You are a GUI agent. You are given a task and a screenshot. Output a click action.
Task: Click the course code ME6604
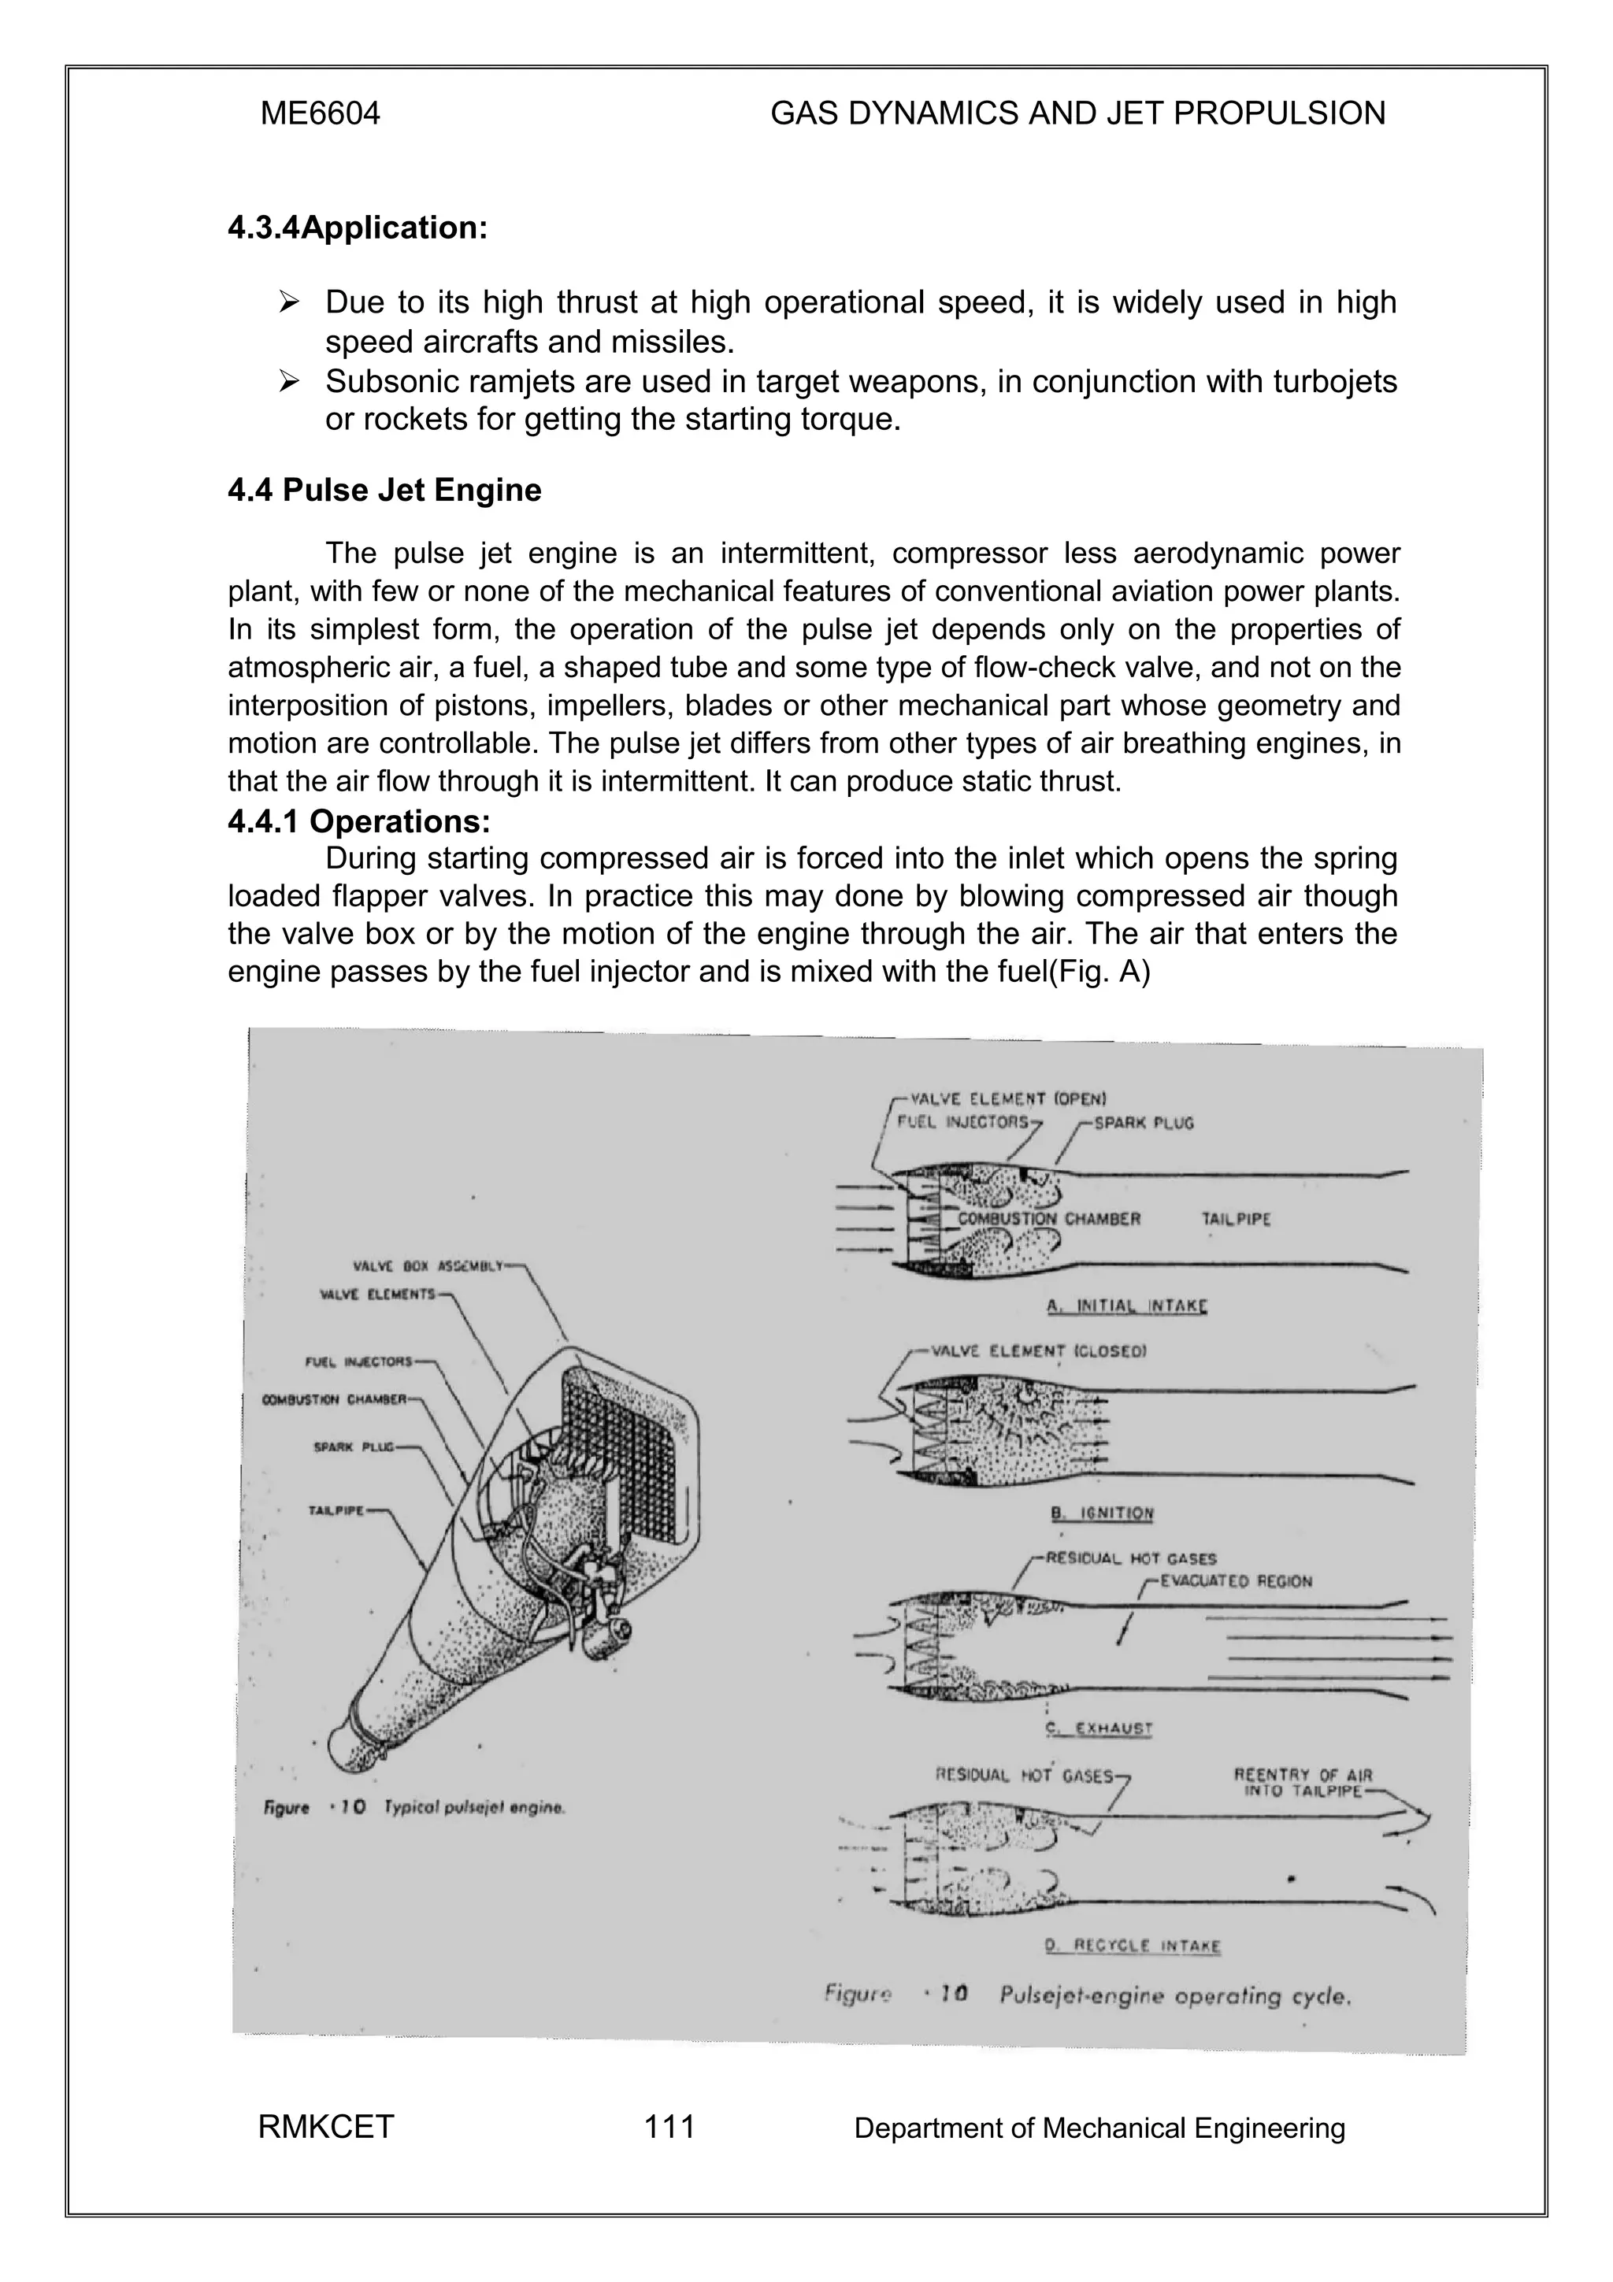(x=320, y=114)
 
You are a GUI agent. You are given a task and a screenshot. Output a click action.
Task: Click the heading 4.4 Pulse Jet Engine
(x=384, y=490)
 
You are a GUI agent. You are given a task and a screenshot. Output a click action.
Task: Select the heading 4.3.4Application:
(x=358, y=228)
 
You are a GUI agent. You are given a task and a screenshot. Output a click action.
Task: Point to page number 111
(x=669, y=2127)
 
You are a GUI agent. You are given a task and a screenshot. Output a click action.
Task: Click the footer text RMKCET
(x=326, y=2127)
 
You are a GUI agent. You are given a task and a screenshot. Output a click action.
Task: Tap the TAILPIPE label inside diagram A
(x=1235, y=1220)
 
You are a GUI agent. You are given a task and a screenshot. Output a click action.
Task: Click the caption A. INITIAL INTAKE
(x=1128, y=1306)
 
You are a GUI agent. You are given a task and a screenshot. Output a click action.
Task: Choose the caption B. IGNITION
(x=1102, y=1513)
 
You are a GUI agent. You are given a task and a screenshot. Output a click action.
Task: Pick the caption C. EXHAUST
(x=1099, y=1728)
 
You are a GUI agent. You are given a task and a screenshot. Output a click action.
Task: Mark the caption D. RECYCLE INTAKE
(x=1132, y=1946)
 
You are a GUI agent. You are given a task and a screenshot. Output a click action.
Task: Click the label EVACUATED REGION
(x=1235, y=1581)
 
